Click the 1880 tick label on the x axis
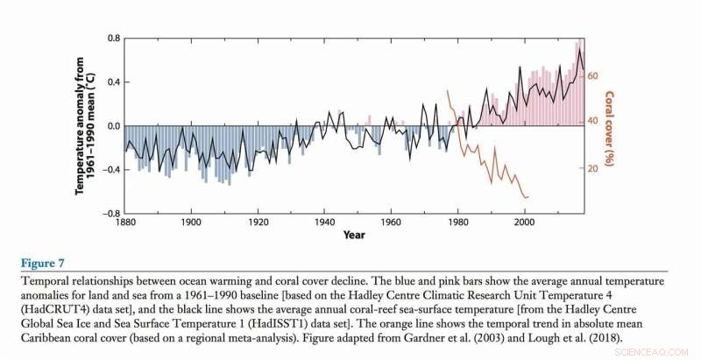[x=124, y=223]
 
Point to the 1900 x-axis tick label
[x=191, y=223]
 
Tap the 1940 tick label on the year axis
[x=324, y=223]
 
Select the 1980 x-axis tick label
[x=457, y=223]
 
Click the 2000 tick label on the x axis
[x=523, y=223]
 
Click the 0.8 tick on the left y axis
[x=113, y=39]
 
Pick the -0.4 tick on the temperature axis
[x=110, y=170]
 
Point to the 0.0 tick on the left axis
[x=113, y=126]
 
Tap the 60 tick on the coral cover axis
[x=591, y=76]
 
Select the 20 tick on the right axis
[x=591, y=168]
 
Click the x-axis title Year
[x=354, y=236]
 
